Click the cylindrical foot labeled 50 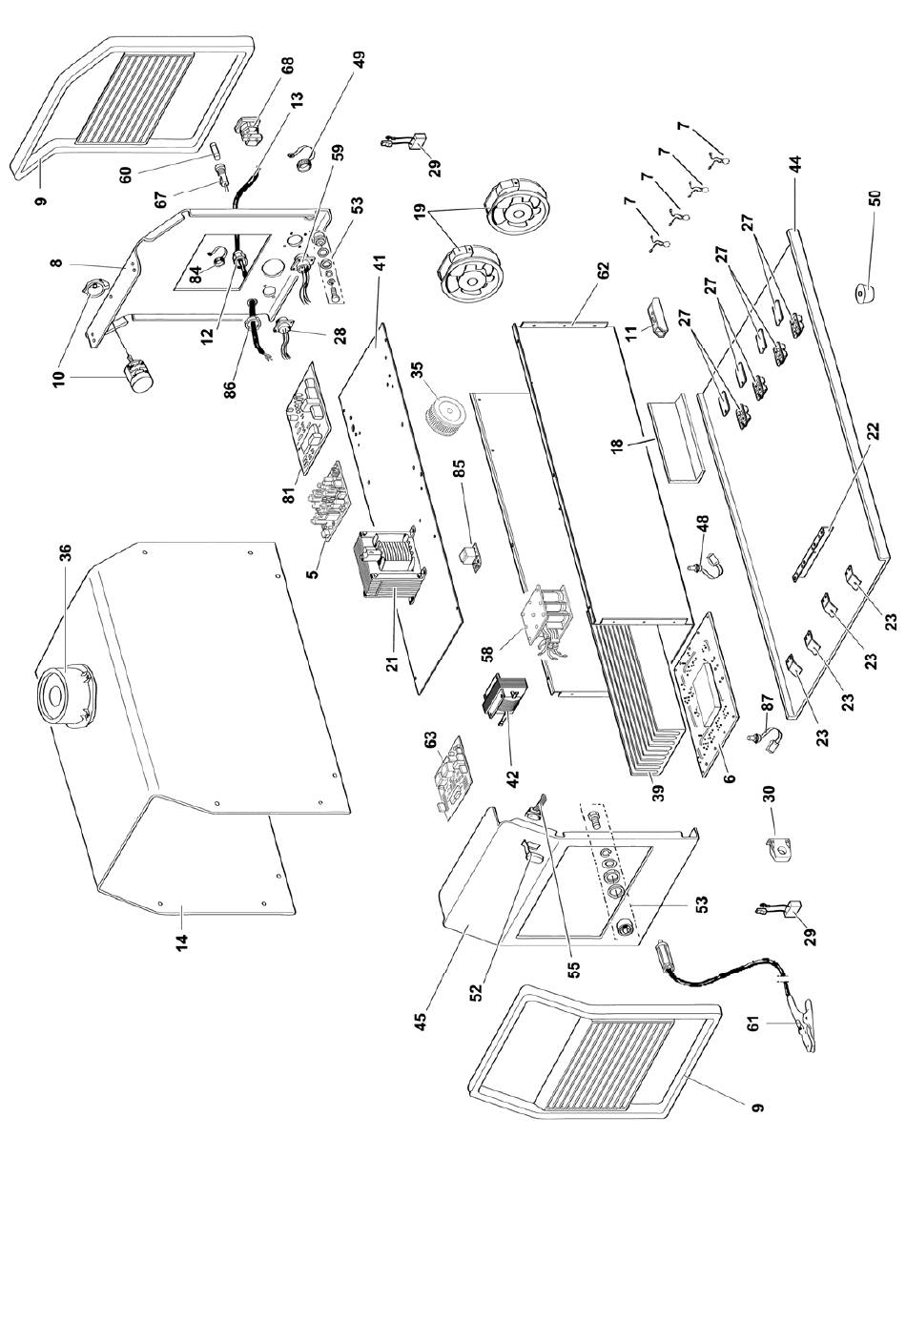pos(866,293)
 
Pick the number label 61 pos(752,1024)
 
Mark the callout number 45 pos(420,1021)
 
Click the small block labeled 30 pos(780,849)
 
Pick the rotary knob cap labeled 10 pos(138,377)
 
